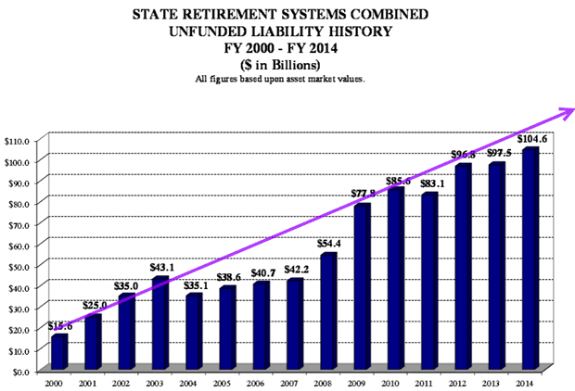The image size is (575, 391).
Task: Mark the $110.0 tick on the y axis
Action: point(18,140)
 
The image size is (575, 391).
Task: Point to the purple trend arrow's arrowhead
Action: point(562,114)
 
